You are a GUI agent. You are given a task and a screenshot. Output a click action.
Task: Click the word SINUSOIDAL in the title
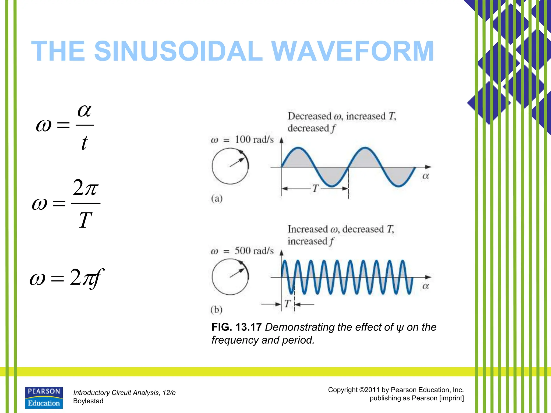click(x=178, y=51)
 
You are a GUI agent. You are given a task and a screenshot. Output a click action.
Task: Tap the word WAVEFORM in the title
click(x=352, y=51)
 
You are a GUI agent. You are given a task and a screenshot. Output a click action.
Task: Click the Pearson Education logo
click(x=44, y=398)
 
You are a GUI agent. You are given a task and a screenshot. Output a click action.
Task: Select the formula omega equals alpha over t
click(x=65, y=126)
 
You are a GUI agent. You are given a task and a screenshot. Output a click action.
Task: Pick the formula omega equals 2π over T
click(x=66, y=204)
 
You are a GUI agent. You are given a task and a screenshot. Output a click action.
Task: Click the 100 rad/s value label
click(x=254, y=140)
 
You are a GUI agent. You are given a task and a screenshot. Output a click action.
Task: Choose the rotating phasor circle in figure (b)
click(x=230, y=277)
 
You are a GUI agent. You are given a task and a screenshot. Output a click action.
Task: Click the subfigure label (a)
click(x=217, y=199)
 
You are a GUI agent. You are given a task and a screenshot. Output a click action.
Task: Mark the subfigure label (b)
click(x=217, y=310)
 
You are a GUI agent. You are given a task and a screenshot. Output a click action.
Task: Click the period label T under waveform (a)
click(x=315, y=188)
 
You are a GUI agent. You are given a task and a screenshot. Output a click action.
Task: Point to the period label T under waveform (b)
click(x=288, y=304)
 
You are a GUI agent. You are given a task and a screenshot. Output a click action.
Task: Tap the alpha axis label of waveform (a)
click(x=425, y=176)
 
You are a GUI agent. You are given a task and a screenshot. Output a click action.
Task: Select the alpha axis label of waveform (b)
click(x=425, y=286)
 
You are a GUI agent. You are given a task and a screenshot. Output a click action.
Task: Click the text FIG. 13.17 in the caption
click(x=236, y=327)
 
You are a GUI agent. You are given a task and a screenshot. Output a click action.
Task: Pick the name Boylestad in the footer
click(x=88, y=401)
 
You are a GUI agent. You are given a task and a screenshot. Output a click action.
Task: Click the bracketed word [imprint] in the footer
click(x=451, y=398)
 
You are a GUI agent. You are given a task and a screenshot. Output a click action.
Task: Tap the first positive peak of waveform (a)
click(x=298, y=148)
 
